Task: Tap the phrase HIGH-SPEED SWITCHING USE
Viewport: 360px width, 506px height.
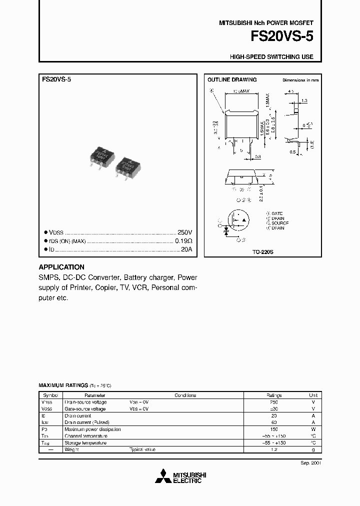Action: (x=271, y=57)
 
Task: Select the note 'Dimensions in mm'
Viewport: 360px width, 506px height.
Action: (x=300, y=80)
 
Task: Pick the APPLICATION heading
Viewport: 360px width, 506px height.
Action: (x=61, y=267)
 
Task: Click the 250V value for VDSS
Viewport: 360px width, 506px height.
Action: (x=184, y=233)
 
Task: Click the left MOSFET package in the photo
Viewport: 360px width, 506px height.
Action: (x=102, y=157)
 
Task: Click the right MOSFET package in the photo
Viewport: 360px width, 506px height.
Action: (x=128, y=167)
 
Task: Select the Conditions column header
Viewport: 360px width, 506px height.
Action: (x=185, y=395)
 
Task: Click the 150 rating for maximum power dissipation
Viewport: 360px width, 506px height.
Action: (x=273, y=429)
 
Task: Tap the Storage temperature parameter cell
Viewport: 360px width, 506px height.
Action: (x=85, y=442)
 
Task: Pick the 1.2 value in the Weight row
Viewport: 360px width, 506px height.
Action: (x=273, y=449)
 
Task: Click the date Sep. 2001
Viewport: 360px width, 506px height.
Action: (x=310, y=463)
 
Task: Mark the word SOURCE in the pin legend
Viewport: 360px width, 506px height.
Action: (x=280, y=223)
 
